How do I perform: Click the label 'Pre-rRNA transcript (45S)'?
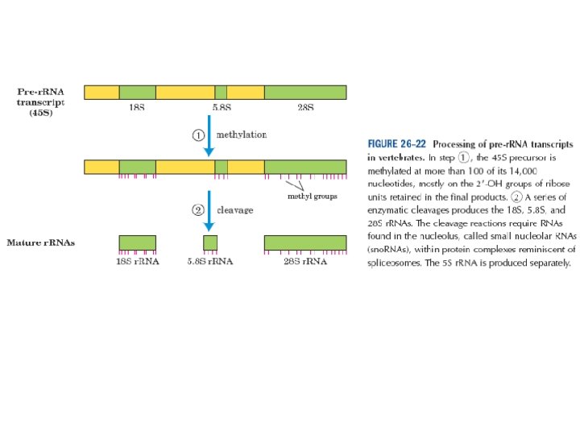point(41,102)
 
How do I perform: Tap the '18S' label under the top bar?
point(137,107)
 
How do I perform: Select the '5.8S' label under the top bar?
point(222,107)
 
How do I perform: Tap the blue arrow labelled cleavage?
point(209,211)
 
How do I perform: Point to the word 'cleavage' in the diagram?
point(235,210)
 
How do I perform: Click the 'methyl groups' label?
point(313,196)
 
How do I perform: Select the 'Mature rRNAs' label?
point(41,242)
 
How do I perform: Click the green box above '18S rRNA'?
point(137,242)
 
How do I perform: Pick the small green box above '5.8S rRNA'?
point(210,242)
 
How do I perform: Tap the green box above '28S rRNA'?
point(305,242)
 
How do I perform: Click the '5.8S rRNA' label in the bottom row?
point(212,262)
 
